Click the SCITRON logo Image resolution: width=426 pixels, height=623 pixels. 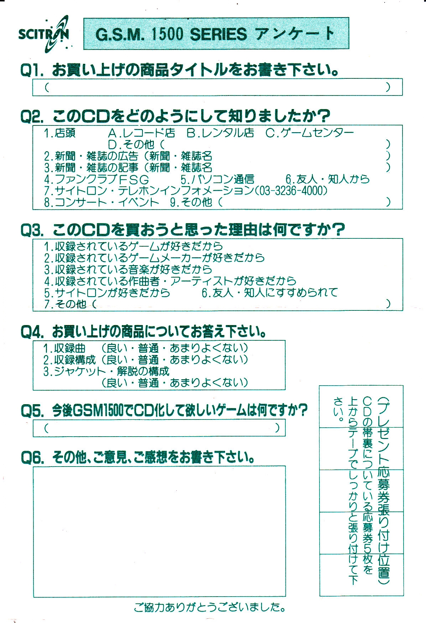[x=44, y=34]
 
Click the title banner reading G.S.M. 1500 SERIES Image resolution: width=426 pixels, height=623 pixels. [x=216, y=34]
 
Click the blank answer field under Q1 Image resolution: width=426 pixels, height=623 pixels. [x=217, y=87]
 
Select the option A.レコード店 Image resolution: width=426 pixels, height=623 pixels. [x=141, y=133]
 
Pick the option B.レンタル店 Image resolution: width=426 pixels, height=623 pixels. [x=220, y=133]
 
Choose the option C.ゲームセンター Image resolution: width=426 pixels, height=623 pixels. [x=310, y=133]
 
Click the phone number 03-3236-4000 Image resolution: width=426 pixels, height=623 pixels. [x=291, y=190]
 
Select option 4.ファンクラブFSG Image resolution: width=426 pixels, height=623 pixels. [x=96, y=179]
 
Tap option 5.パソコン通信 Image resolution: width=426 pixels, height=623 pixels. [x=217, y=179]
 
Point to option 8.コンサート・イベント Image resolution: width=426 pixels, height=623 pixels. [x=102, y=202]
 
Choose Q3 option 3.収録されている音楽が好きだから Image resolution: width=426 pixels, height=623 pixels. [x=128, y=269]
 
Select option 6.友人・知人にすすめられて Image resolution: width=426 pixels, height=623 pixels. [x=270, y=292]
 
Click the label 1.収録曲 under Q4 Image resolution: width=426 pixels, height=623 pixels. [x=64, y=348]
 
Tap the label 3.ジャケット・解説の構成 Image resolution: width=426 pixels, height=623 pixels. [x=106, y=371]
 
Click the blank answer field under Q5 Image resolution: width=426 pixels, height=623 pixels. [x=159, y=428]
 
